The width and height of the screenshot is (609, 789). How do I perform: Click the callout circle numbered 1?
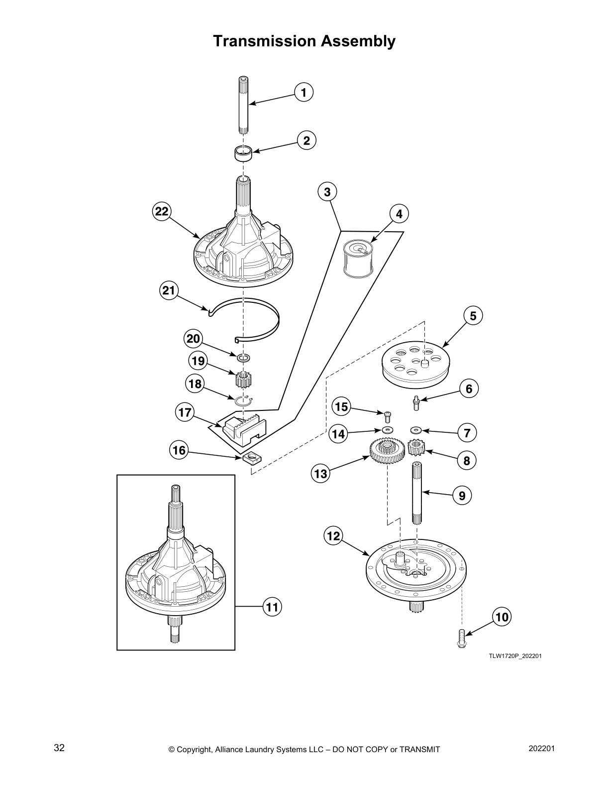(x=304, y=92)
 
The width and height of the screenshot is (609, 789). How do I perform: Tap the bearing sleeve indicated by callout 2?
(x=243, y=153)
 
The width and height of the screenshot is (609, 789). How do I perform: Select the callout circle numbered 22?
(x=161, y=211)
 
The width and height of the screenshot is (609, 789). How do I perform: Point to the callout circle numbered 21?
(x=169, y=290)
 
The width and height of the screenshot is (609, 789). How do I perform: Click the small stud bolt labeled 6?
(x=416, y=402)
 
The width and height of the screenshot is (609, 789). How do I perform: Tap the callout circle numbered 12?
(x=333, y=536)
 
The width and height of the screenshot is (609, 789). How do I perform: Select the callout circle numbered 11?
(x=272, y=607)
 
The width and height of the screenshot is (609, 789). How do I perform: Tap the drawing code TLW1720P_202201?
(x=515, y=656)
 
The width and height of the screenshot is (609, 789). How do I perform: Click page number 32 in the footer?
(x=59, y=748)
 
